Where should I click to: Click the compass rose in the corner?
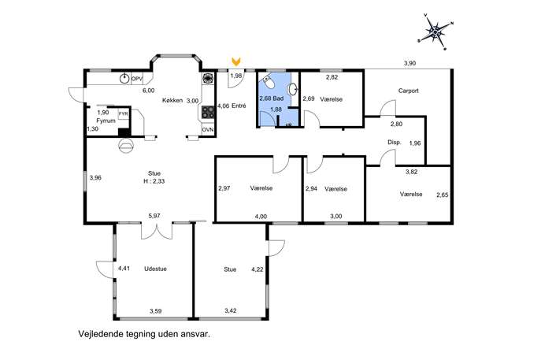(436, 32)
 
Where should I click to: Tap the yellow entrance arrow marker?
(236, 61)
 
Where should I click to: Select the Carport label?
(409, 91)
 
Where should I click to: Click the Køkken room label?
(172, 101)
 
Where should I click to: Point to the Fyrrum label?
(106, 121)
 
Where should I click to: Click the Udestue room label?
(155, 269)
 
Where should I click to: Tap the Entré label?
(239, 106)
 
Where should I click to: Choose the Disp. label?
(395, 143)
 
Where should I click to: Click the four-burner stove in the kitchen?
(208, 112)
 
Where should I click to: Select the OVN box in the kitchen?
(208, 130)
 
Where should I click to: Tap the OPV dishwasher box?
(137, 79)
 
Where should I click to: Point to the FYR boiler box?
(123, 114)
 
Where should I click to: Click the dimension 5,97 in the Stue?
(154, 216)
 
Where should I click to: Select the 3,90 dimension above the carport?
(410, 63)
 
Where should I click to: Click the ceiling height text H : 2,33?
(154, 181)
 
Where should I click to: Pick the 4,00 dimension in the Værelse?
(261, 217)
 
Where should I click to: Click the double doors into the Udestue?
(157, 232)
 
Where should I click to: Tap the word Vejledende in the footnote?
(98, 334)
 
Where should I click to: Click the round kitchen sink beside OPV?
(124, 79)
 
